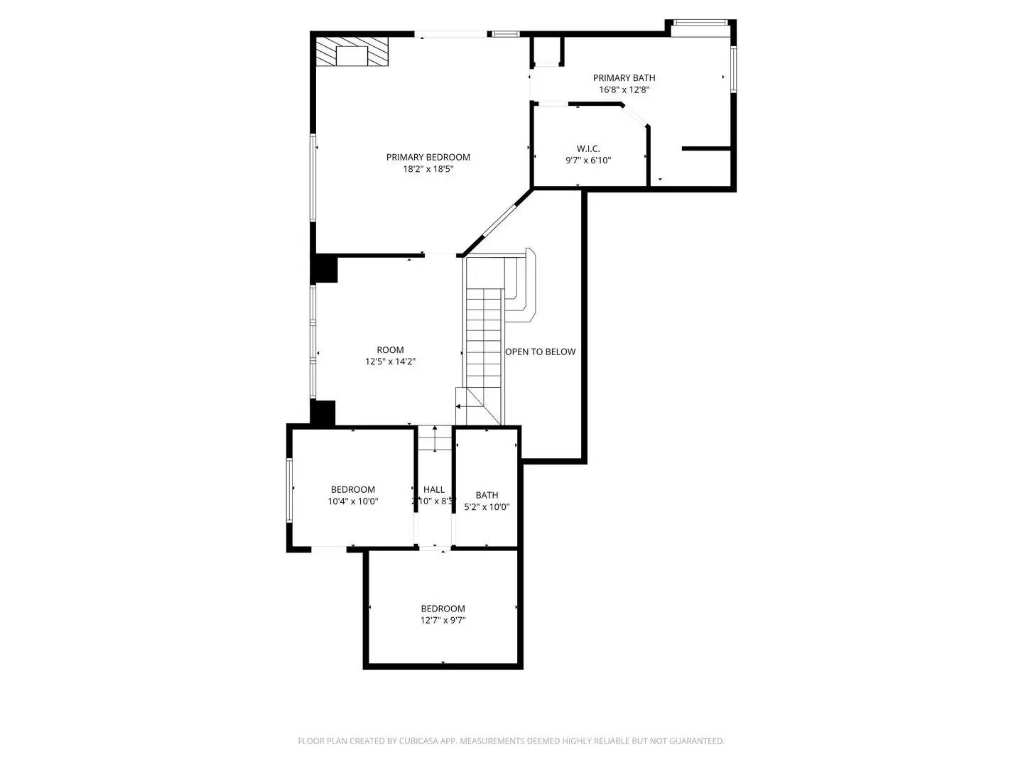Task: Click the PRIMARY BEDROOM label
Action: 428,157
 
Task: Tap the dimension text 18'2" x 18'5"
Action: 428,169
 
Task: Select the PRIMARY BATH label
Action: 624,77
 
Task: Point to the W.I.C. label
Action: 588,148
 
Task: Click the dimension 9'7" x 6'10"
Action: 588,161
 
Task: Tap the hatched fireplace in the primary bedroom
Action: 352,53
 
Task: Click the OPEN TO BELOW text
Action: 541,352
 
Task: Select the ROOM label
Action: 390,349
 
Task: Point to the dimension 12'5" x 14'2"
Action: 390,361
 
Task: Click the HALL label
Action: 434,489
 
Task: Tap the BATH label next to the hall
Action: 487,495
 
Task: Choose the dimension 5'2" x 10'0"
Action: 487,507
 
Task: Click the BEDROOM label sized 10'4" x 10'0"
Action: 352,489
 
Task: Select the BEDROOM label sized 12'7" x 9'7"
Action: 443,609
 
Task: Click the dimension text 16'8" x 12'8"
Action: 624,89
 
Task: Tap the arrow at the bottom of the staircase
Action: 459,407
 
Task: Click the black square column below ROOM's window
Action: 323,413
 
